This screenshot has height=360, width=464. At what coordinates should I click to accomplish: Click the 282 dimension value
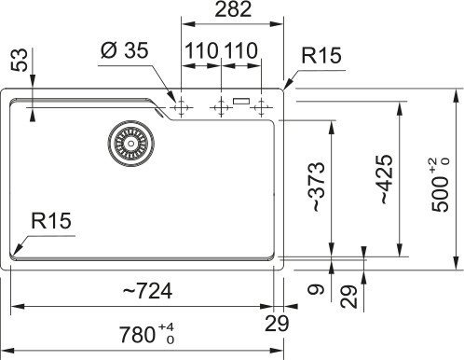(231, 11)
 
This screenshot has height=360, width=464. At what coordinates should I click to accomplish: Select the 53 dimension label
(16, 63)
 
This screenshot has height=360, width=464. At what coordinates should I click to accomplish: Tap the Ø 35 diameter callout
(123, 50)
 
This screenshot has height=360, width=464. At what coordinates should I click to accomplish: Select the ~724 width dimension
(147, 291)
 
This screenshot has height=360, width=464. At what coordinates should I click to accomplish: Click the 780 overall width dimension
(142, 332)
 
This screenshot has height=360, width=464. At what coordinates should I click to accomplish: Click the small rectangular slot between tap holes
(241, 102)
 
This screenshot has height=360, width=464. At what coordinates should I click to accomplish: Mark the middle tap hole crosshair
(221, 106)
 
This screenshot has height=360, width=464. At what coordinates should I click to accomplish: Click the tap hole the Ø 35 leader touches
(181, 106)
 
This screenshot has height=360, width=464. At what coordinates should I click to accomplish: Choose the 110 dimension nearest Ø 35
(200, 50)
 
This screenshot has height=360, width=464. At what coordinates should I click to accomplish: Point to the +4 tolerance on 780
(166, 325)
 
